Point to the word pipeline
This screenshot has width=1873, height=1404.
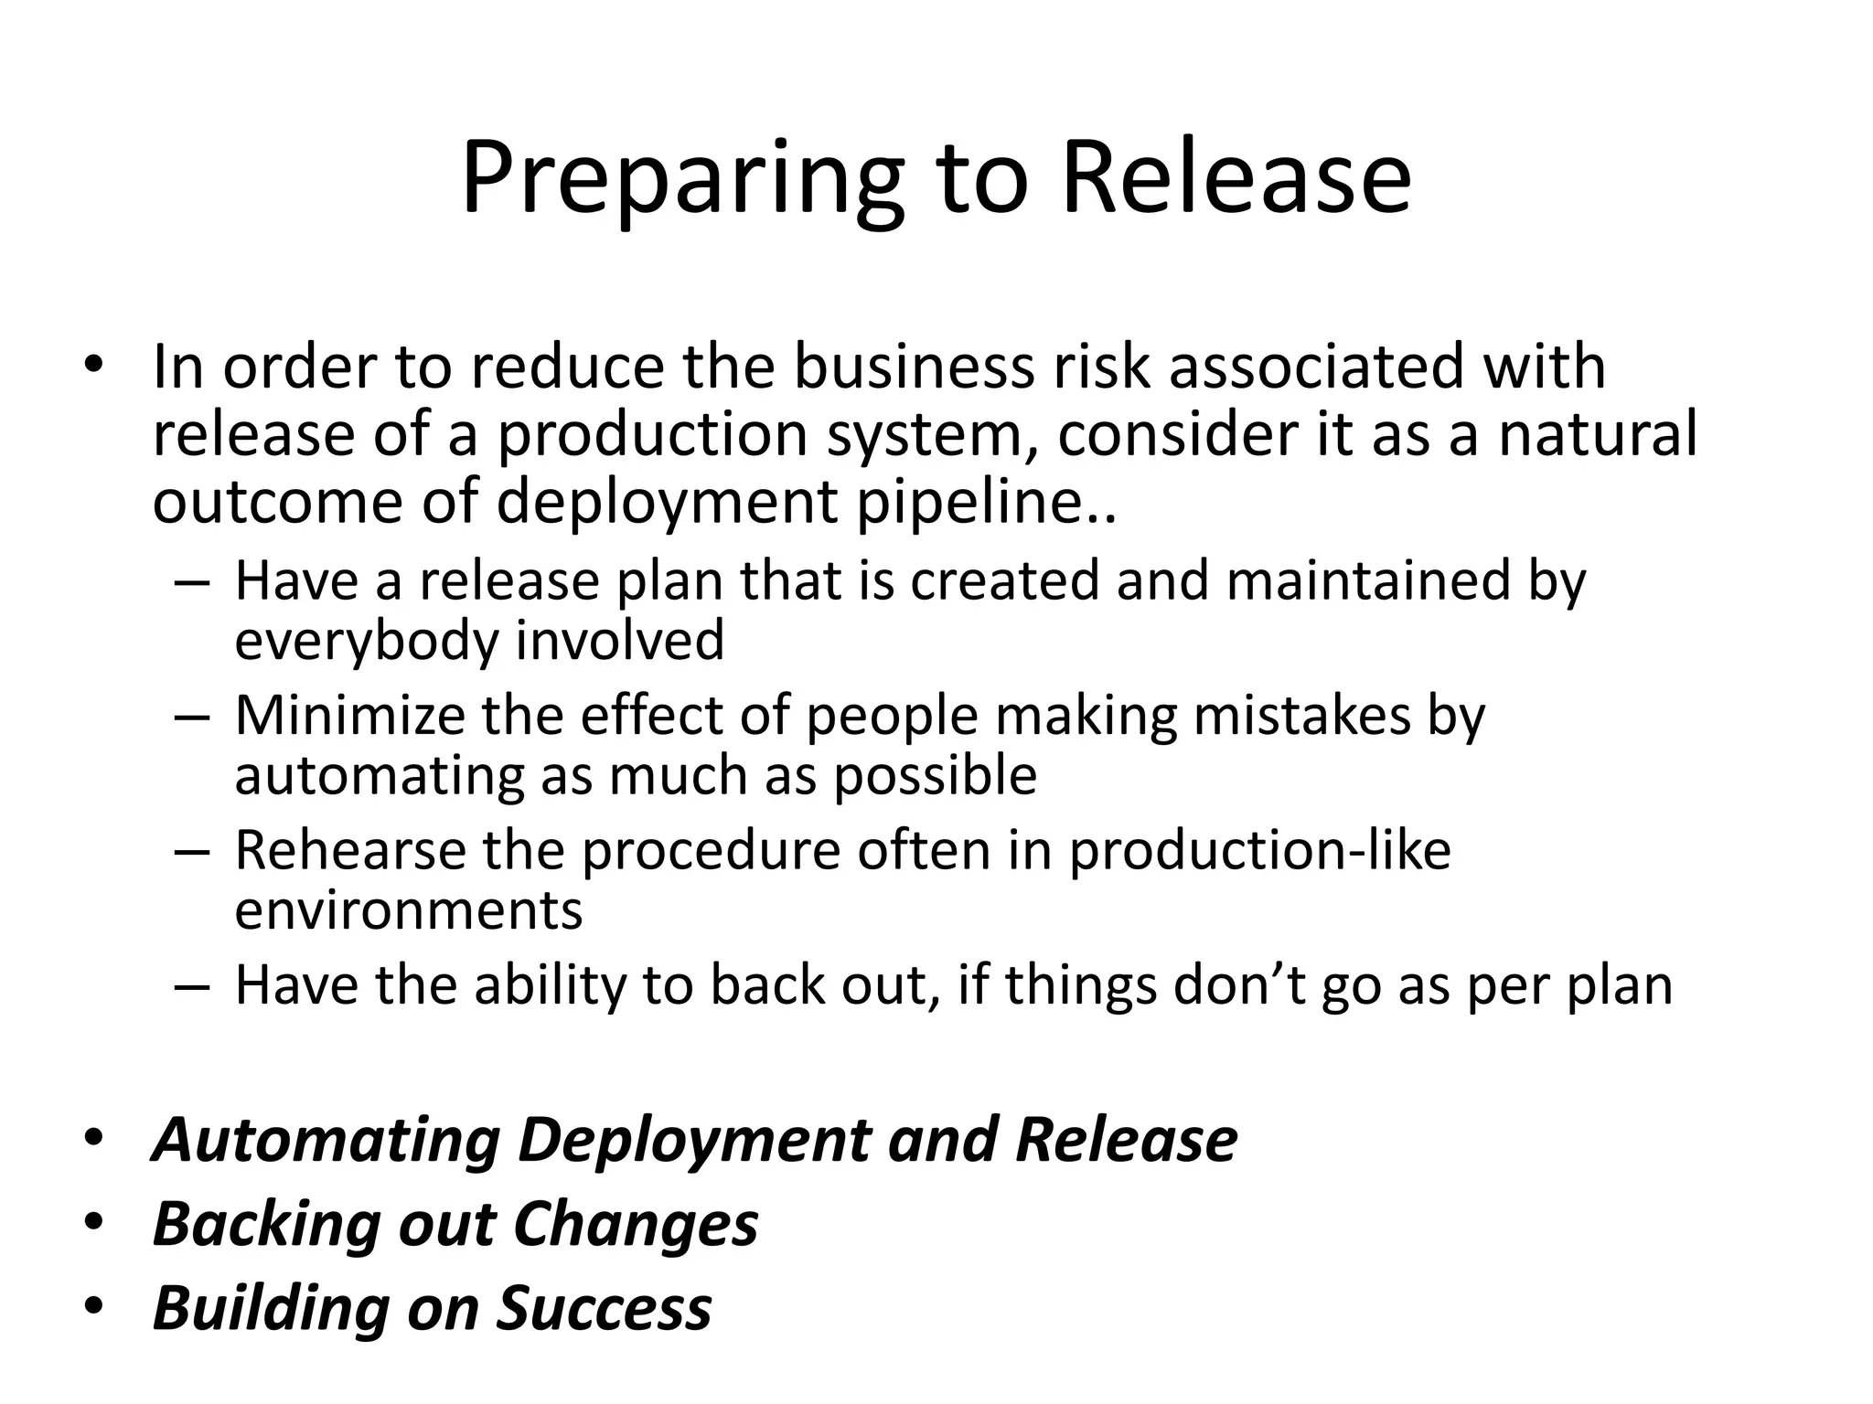(985, 503)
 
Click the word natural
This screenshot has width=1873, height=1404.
(1598, 434)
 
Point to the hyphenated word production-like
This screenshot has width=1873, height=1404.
(1260, 850)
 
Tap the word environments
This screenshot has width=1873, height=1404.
(409, 911)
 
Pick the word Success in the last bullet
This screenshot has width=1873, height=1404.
(605, 1308)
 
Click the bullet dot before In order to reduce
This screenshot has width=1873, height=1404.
(94, 365)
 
